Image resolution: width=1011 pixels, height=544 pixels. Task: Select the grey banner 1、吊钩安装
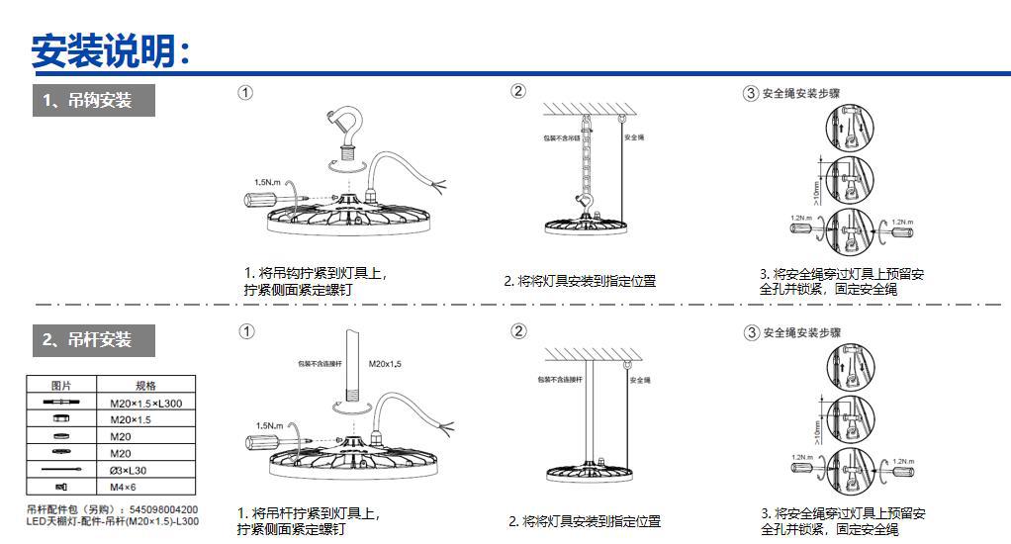pos(94,100)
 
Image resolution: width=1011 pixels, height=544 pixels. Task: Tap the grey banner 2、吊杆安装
pos(94,339)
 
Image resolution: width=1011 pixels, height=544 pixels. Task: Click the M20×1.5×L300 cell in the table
pos(145,404)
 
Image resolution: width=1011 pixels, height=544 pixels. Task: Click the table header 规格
pos(145,386)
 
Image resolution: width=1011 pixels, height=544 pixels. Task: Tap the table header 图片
pos(61,386)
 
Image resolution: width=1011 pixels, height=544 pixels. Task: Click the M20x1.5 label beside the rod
pos(385,364)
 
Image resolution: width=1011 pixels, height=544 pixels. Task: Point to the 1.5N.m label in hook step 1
pos(268,182)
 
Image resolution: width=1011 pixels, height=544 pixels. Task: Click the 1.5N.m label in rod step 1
pos(269,425)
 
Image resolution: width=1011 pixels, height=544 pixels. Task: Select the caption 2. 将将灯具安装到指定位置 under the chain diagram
pos(580,281)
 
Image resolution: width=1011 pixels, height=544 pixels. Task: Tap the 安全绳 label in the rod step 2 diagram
pos(640,379)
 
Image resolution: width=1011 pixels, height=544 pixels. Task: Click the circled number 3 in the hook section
pos(751,93)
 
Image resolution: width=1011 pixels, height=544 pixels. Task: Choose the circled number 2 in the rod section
pos(518,331)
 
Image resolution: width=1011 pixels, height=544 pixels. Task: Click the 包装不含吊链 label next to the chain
pos(560,138)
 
